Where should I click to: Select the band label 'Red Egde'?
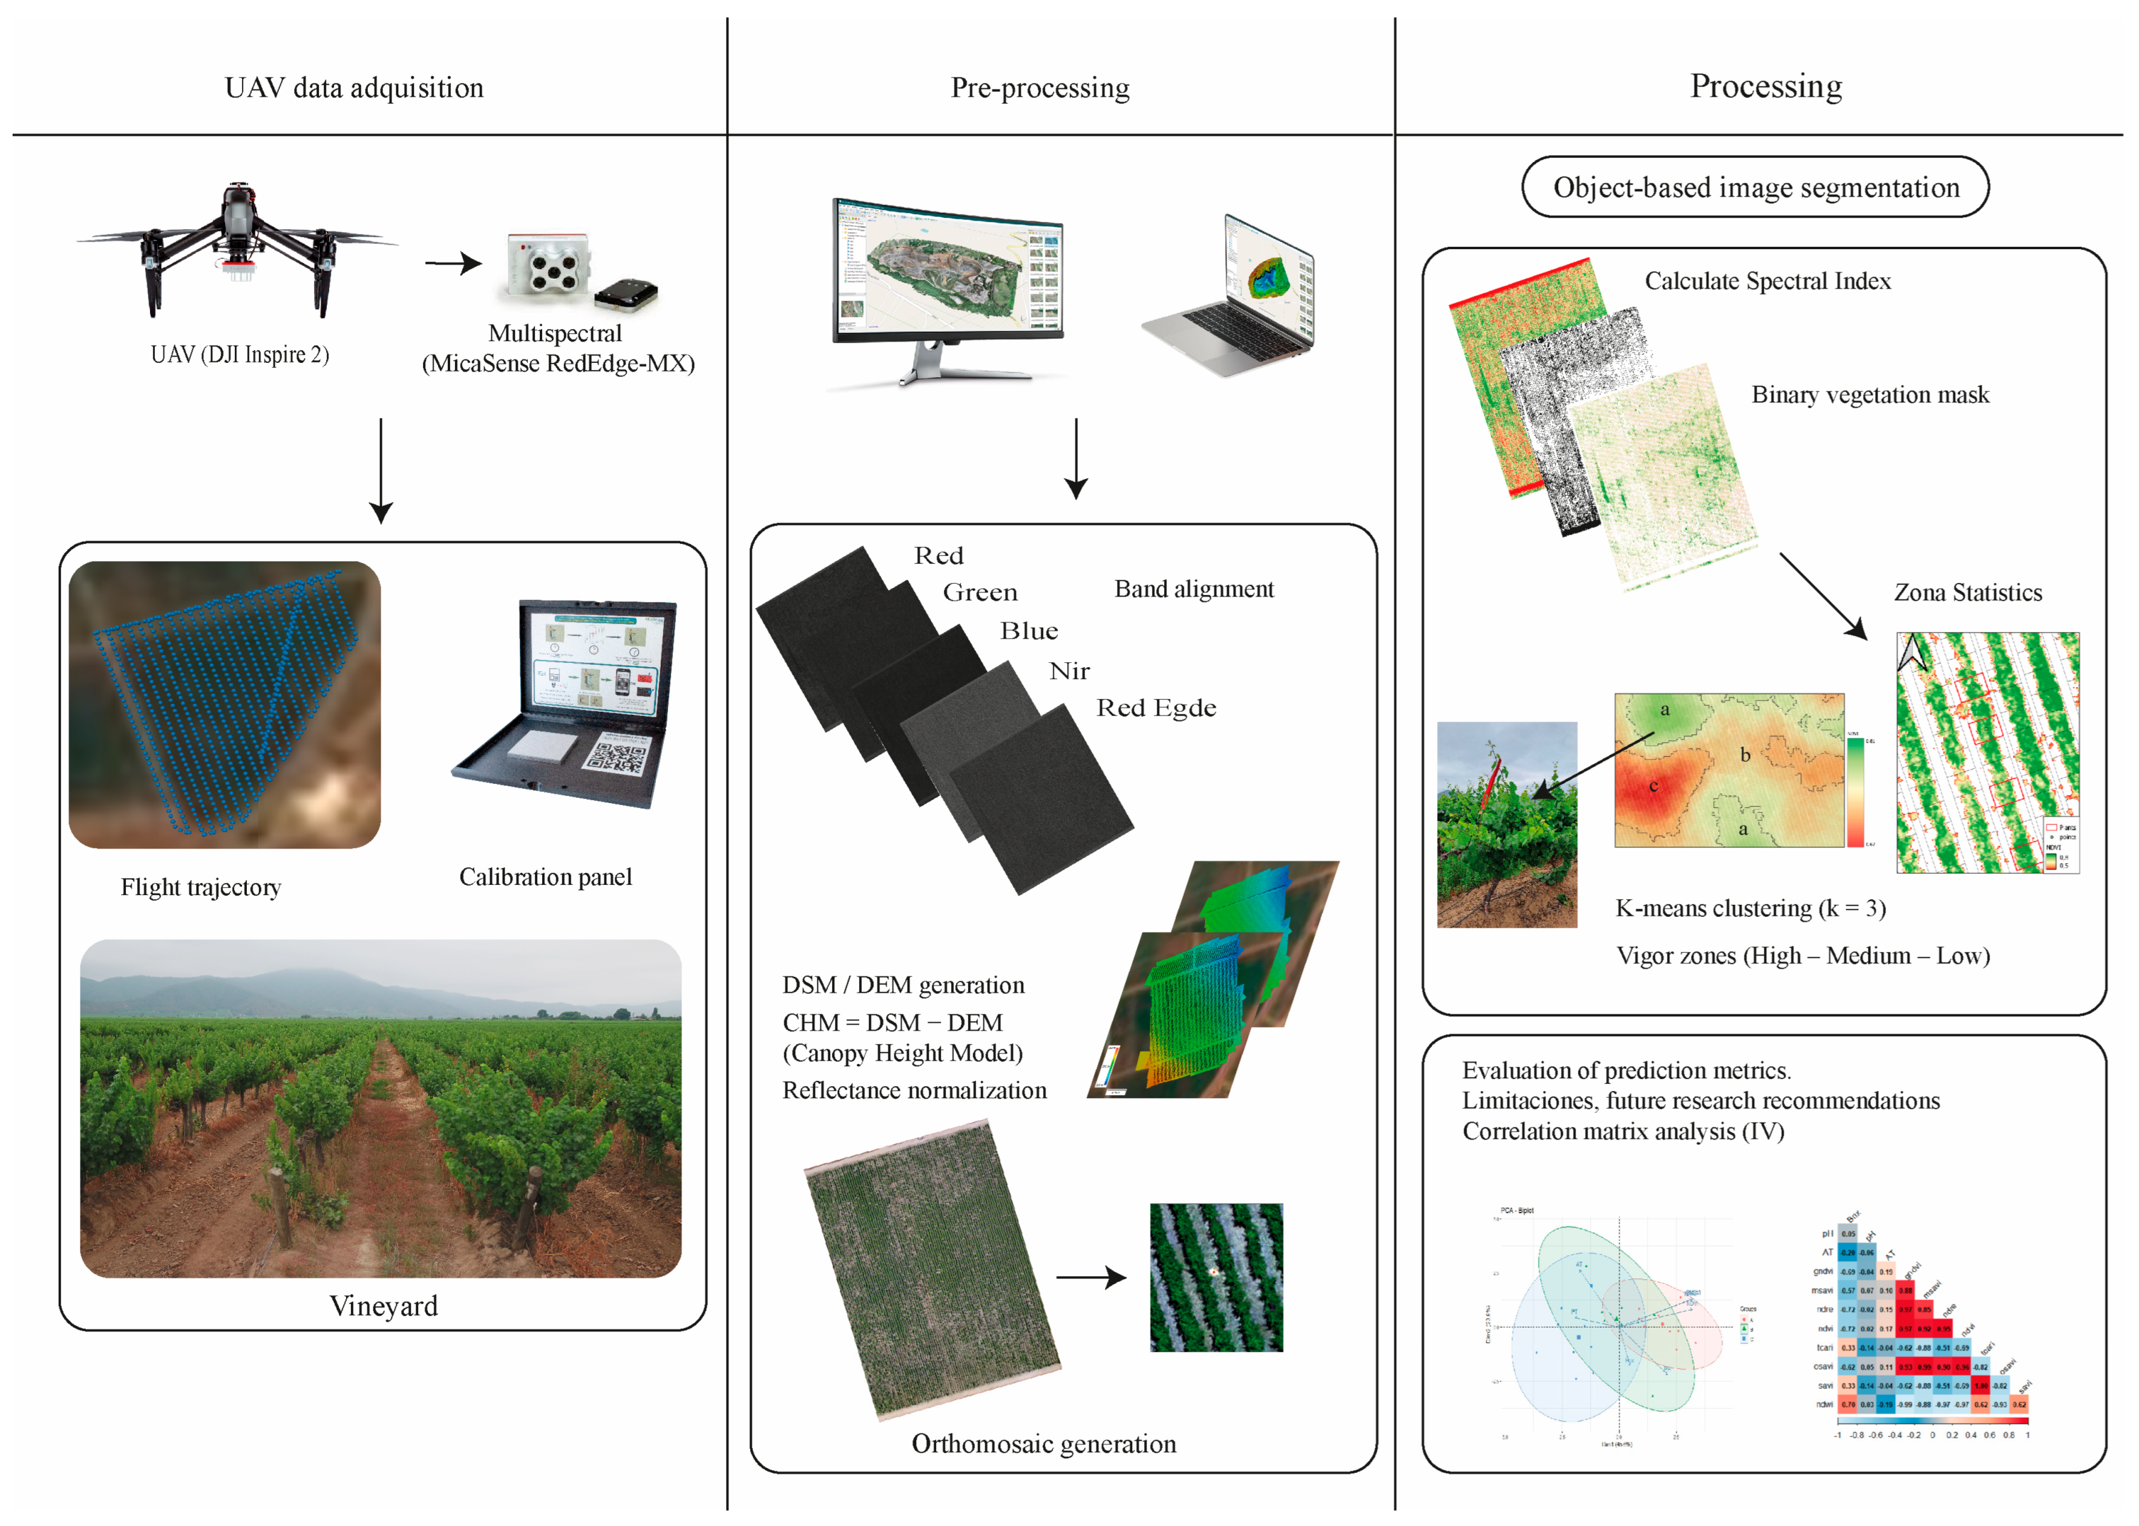coord(1156,708)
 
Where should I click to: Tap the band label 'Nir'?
coord(1070,671)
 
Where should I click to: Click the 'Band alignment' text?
coord(1194,589)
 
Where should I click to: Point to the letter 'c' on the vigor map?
coord(1654,786)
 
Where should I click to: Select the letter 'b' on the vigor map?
coord(1745,755)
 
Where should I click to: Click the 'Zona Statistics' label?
coord(1968,593)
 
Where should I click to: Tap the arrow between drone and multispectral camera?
coord(453,264)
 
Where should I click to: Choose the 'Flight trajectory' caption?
coord(201,888)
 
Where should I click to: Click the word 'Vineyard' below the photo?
coord(384,1306)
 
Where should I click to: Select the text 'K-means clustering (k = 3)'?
coord(1750,908)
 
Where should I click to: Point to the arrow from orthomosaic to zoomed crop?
coord(1091,1278)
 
